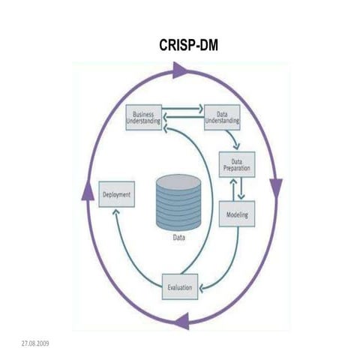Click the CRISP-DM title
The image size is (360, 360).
coord(188,45)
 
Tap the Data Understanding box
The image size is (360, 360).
coord(222,117)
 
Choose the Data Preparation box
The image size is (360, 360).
coord(236,164)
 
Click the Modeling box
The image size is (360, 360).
coord(236,215)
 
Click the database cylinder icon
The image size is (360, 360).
coord(178,202)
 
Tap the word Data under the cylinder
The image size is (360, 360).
coord(178,240)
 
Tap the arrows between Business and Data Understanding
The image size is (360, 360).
coord(183,112)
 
